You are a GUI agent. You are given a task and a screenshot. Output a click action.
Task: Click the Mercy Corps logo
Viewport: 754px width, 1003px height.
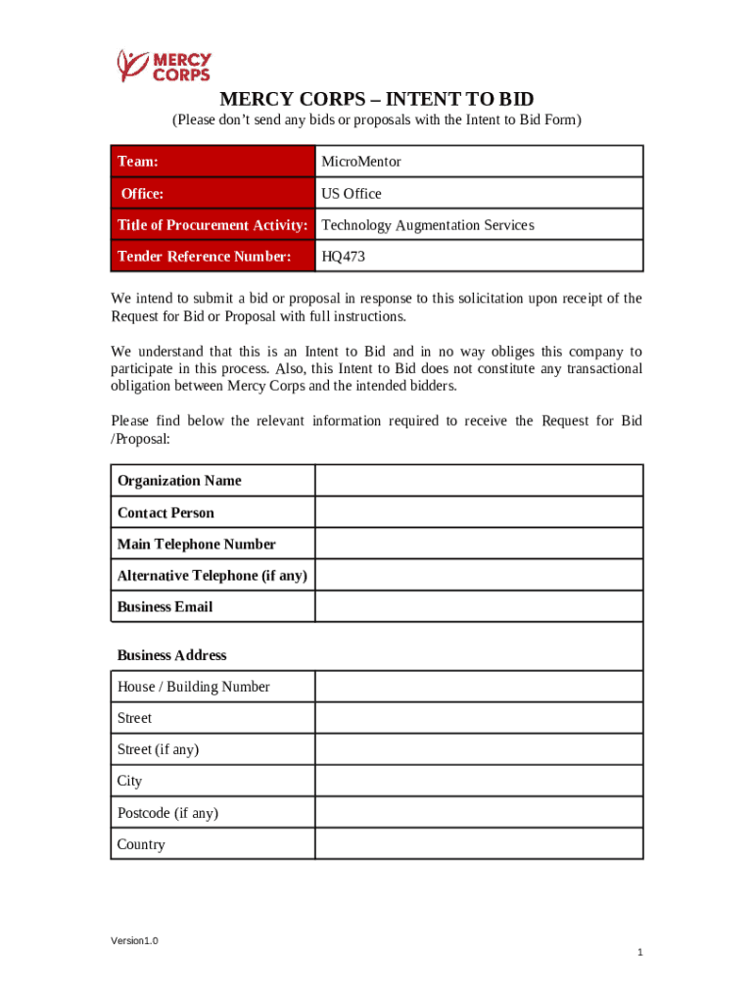164,66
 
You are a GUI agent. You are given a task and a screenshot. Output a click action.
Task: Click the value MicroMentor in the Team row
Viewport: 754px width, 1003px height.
361,162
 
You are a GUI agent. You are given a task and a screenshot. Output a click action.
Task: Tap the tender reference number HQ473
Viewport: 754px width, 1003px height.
343,257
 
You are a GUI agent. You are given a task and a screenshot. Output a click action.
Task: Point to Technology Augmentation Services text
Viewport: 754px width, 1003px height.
428,225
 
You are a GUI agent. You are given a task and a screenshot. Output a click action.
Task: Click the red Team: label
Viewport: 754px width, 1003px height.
138,162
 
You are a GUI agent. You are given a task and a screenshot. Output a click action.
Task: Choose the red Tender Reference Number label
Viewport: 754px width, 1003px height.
204,257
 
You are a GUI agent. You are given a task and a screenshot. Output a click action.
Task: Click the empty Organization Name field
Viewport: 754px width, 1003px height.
478,481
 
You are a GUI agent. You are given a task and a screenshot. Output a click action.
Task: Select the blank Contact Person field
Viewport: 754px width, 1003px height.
478,512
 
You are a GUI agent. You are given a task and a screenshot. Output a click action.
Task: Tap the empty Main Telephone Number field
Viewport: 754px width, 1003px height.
478,544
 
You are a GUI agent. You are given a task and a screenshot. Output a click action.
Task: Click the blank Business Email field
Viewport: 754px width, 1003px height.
478,606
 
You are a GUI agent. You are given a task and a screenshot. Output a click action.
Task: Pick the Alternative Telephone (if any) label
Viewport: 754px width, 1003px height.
212,575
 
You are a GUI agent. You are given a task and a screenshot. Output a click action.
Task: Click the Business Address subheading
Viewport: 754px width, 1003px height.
171,655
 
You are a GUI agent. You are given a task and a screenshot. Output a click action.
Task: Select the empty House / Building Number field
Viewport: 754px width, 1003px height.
478,687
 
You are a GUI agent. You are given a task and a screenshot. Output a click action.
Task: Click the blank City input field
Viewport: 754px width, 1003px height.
478,781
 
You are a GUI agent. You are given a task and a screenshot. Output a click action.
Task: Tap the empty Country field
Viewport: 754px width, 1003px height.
478,844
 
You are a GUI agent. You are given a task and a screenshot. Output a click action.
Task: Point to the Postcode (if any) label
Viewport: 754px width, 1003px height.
167,813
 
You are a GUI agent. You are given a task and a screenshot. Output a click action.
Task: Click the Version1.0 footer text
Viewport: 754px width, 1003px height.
134,941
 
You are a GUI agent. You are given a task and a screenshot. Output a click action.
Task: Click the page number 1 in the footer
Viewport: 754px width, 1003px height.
638,953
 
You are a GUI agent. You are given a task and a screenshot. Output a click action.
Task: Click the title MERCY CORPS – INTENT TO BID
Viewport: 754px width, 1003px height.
377,100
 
